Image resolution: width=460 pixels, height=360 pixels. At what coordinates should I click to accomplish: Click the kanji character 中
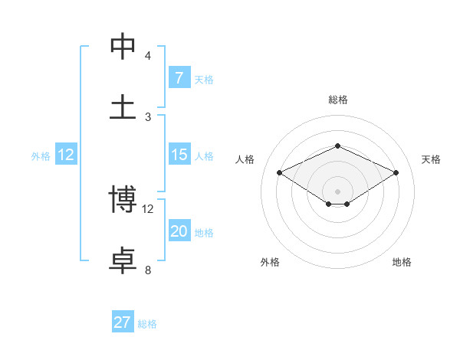tap(123, 45)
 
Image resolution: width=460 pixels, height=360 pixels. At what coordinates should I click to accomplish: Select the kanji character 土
tap(123, 106)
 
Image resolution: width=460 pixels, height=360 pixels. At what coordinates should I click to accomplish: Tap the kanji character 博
tap(123, 198)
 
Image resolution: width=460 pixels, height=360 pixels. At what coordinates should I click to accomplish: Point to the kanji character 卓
tap(123, 260)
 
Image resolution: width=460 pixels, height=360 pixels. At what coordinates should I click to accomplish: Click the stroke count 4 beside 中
tap(148, 55)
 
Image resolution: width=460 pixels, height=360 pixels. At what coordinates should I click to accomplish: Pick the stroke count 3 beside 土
tap(148, 116)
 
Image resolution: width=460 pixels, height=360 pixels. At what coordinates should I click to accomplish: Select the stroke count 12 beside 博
tap(148, 208)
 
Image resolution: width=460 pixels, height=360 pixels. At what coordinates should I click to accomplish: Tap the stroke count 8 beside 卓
tap(148, 270)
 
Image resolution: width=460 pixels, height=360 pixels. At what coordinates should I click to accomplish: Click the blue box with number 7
tap(179, 77)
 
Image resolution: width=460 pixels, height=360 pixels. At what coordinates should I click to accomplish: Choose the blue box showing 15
tap(179, 155)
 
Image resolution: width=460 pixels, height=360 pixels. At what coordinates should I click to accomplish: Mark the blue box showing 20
tap(179, 231)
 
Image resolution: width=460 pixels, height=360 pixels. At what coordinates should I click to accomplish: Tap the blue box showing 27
tap(123, 322)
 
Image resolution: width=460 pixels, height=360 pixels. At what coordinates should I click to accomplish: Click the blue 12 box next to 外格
tap(66, 155)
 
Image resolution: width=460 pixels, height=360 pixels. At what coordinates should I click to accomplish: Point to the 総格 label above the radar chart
tap(338, 100)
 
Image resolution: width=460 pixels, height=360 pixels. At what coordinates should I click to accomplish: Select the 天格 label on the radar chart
tap(432, 159)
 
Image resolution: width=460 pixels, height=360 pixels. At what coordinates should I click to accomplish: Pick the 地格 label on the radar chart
tap(402, 262)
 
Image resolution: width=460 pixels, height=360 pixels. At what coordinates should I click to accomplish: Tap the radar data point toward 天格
tap(396, 173)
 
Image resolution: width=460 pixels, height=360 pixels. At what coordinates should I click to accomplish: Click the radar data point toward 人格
tap(279, 173)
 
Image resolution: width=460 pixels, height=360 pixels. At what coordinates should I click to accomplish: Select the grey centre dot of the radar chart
tap(338, 191)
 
